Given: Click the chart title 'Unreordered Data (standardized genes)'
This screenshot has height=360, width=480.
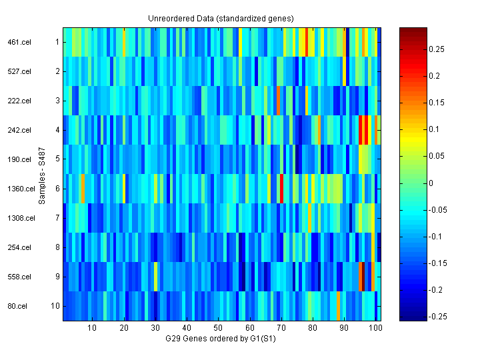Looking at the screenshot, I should pyautogui.click(x=221, y=18).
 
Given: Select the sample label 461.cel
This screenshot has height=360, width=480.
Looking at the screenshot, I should pyautogui.click(x=19, y=42).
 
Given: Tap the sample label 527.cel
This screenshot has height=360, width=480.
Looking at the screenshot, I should pyautogui.click(x=19, y=71).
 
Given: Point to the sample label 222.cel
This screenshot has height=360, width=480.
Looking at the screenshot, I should pyautogui.click(x=19, y=101).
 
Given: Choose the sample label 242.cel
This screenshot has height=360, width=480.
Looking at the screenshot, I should pyautogui.click(x=19, y=130).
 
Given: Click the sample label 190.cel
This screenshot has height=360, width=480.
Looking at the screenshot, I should pyautogui.click(x=19, y=159).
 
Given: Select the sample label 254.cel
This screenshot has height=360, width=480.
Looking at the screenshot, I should pyautogui.click(x=19, y=247).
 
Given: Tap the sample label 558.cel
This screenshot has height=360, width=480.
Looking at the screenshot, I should pyautogui.click(x=19, y=277).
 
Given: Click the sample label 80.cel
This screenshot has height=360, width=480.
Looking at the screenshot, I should pyautogui.click(x=17, y=306).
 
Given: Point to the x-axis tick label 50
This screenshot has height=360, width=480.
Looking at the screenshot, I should pyautogui.click(x=218, y=329).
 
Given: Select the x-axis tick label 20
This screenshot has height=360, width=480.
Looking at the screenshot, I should pyautogui.click(x=124, y=329).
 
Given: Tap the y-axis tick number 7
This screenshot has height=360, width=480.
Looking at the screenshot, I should pyautogui.click(x=57, y=218).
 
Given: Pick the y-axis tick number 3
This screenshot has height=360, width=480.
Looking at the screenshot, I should pyautogui.click(x=57, y=101).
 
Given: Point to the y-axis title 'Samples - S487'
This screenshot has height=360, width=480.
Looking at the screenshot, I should pyautogui.click(x=42, y=175).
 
